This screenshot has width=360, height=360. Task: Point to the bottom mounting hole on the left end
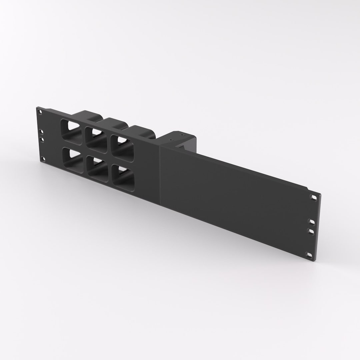coord(43,159)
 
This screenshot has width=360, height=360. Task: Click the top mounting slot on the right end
coord(313,197)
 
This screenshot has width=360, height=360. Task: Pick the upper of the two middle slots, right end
coord(312,221)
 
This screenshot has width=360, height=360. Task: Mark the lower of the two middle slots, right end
coord(311,231)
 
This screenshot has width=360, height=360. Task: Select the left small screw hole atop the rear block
coord(171,140)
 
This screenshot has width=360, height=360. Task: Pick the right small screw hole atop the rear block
coord(182,135)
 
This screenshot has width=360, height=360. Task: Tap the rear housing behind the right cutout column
coord(142,130)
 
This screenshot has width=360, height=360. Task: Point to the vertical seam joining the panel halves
coord(160,173)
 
